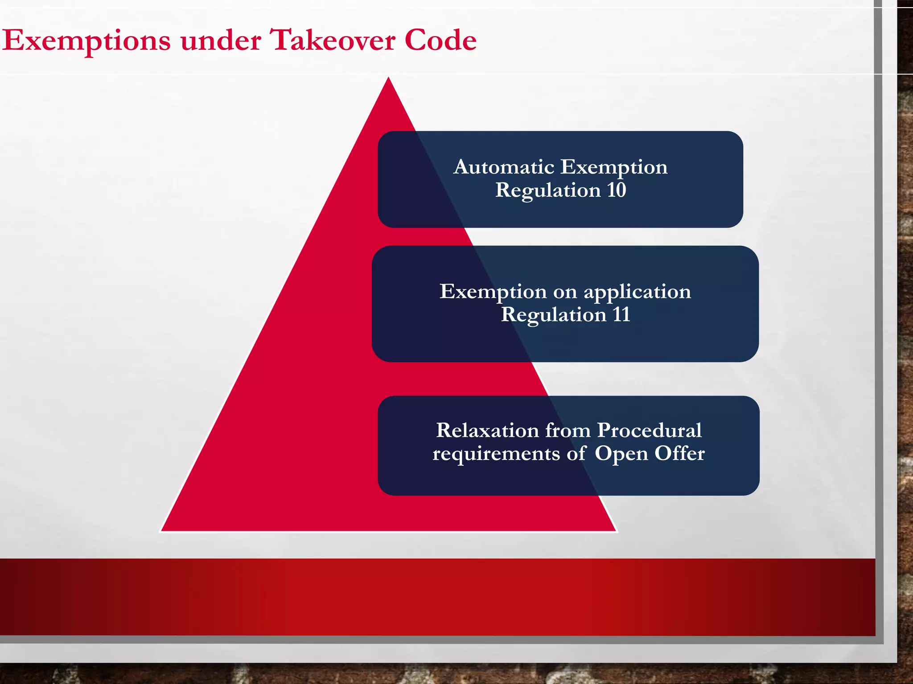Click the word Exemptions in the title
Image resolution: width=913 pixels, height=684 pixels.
(x=86, y=41)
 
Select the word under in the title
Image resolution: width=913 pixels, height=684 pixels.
(x=221, y=41)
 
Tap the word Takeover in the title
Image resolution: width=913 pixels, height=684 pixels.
(x=333, y=41)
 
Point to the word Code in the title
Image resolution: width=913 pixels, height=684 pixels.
(x=440, y=41)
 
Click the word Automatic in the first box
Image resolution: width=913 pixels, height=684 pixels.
(x=504, y=167)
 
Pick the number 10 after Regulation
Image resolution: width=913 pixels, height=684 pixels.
(x=617, y=191)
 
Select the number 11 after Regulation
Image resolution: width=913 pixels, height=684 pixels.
(x=621, y=315)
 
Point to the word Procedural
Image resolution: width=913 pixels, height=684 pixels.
(x=649, y=431)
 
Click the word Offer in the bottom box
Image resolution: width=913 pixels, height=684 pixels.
(x=679, y=454)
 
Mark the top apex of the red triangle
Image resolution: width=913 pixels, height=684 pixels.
(x=388, y=78)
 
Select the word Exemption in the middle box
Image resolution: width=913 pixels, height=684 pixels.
(x=493, y=292)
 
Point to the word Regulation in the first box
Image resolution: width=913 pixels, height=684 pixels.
(x=548, y=191)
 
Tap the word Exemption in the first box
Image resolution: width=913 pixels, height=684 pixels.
(x=614, y=167)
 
